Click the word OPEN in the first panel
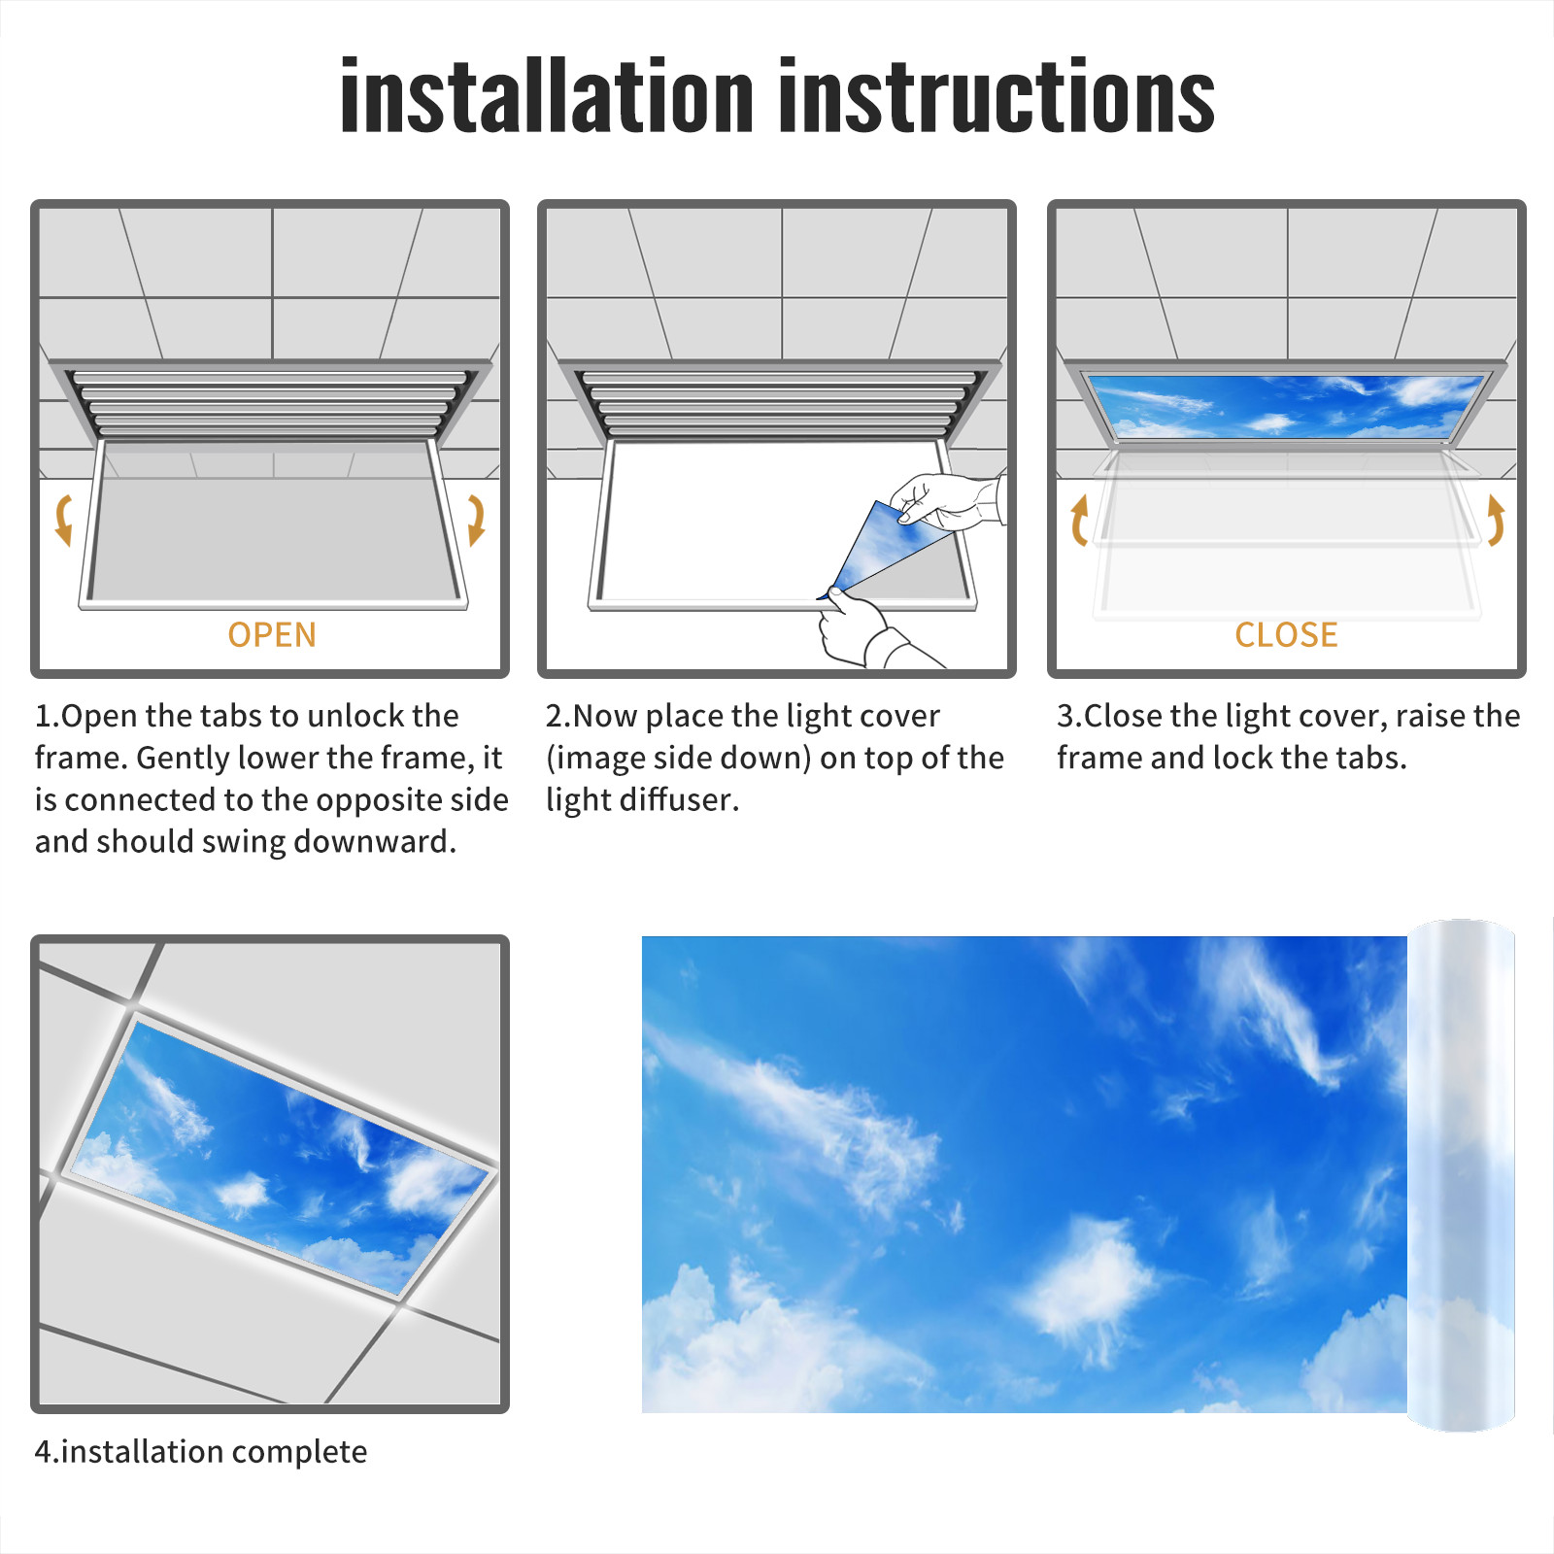tap(272, 635)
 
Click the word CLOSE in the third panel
tap(1286, 635)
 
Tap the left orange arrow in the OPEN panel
tap(63, 520)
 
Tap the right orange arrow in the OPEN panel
tap(476, 520)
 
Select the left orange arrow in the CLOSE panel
tap(1078, 520)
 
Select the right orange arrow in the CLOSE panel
tap(1496, 520)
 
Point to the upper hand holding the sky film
tap(947, 501)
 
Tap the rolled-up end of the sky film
tap(1461, 1175)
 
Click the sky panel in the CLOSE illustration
tap(1287, 405)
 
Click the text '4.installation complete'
tap(201, 1452)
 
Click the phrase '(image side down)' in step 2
tap(679, 758)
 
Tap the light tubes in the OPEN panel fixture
tap(270, 403)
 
